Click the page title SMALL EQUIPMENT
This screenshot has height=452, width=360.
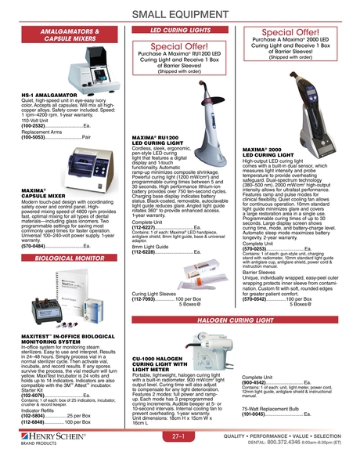click(x=179, y=14)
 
